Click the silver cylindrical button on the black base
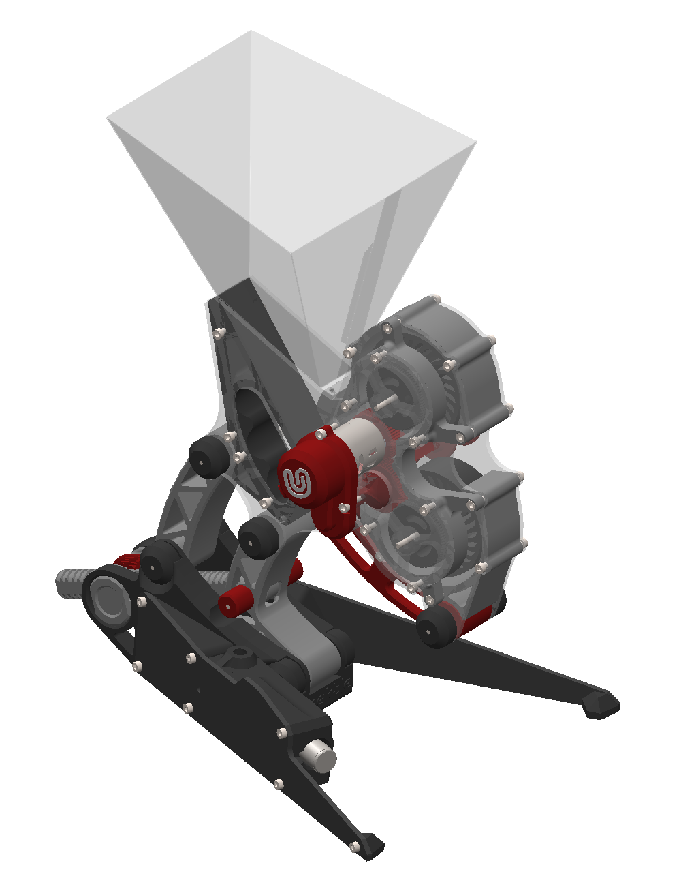[319, 756]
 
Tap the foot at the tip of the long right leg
[601, 705]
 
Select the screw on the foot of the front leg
[353, 847]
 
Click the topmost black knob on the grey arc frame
[208, 457]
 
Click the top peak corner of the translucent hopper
[251, 31]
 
